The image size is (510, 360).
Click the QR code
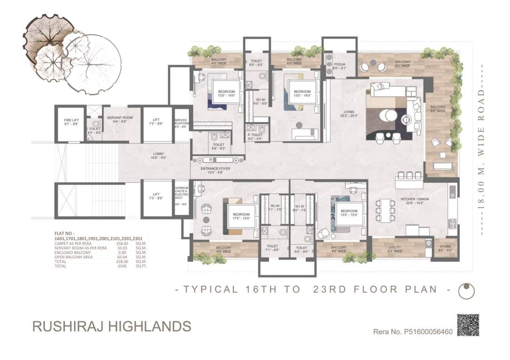coord(468,325)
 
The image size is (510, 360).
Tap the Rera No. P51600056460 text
coord(412,332)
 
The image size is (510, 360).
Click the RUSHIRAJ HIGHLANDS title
coord(112,326)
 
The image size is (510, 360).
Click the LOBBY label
coord(158,156)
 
